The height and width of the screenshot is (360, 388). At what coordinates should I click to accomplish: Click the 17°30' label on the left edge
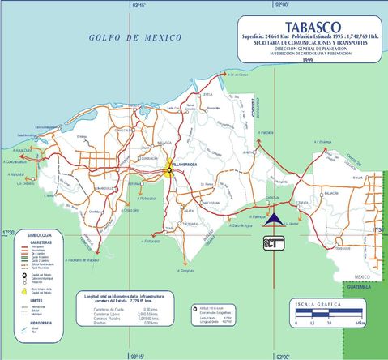8,232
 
